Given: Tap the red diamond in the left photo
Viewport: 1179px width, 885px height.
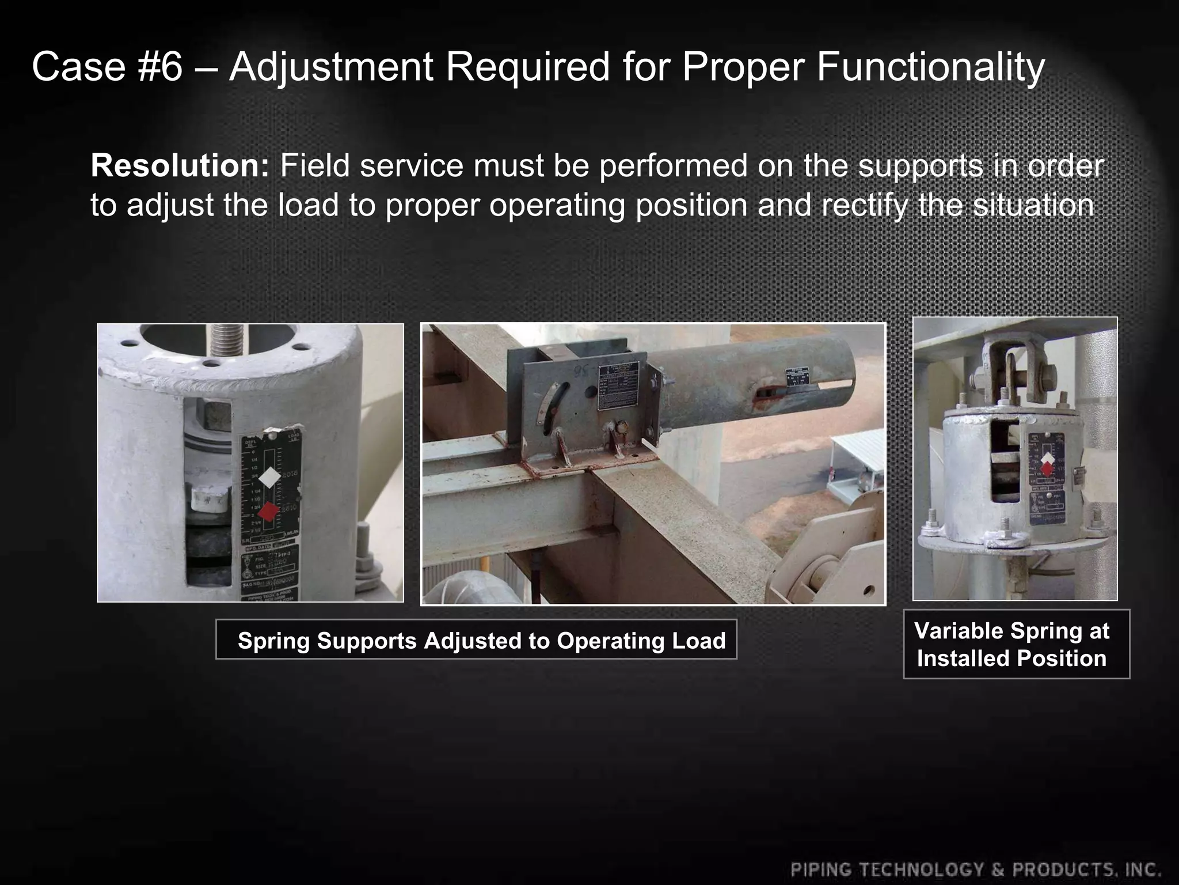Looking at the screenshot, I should pos(268,511).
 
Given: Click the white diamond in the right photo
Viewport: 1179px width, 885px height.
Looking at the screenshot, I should pos(1048,459).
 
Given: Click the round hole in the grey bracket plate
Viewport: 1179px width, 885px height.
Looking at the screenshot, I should pos(589,392).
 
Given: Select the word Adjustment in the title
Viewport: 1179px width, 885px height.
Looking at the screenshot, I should pos(332,67).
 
